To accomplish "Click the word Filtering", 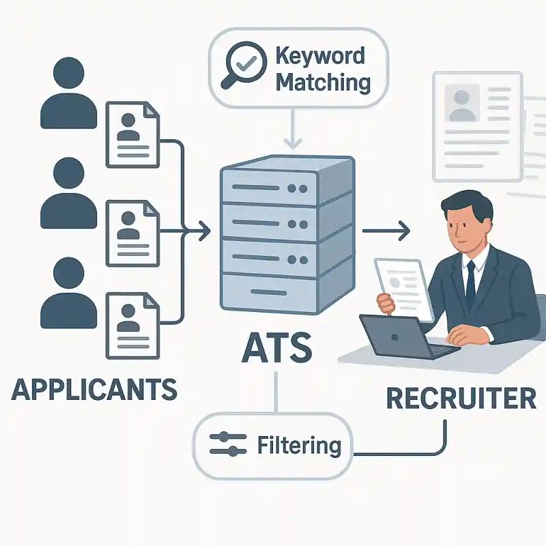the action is click(299, 446).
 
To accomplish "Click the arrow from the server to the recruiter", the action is click(386, 232).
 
